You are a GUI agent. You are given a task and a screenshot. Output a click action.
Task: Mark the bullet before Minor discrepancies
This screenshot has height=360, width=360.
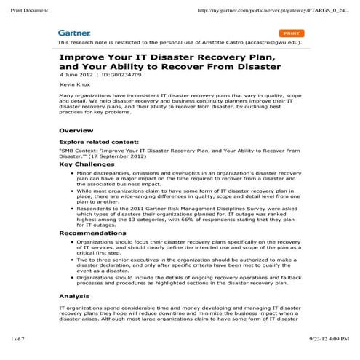68,175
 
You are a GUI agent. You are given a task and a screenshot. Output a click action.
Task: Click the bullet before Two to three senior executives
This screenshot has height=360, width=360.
68,260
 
